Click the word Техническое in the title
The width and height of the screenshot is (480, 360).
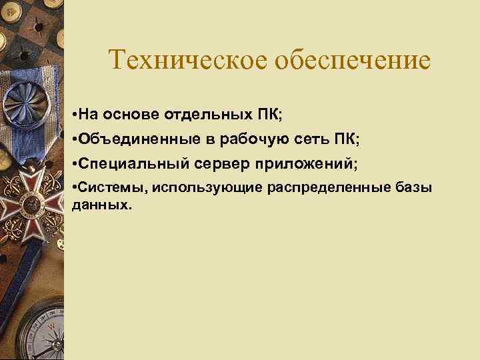186,60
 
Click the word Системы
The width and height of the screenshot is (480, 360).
111,187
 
